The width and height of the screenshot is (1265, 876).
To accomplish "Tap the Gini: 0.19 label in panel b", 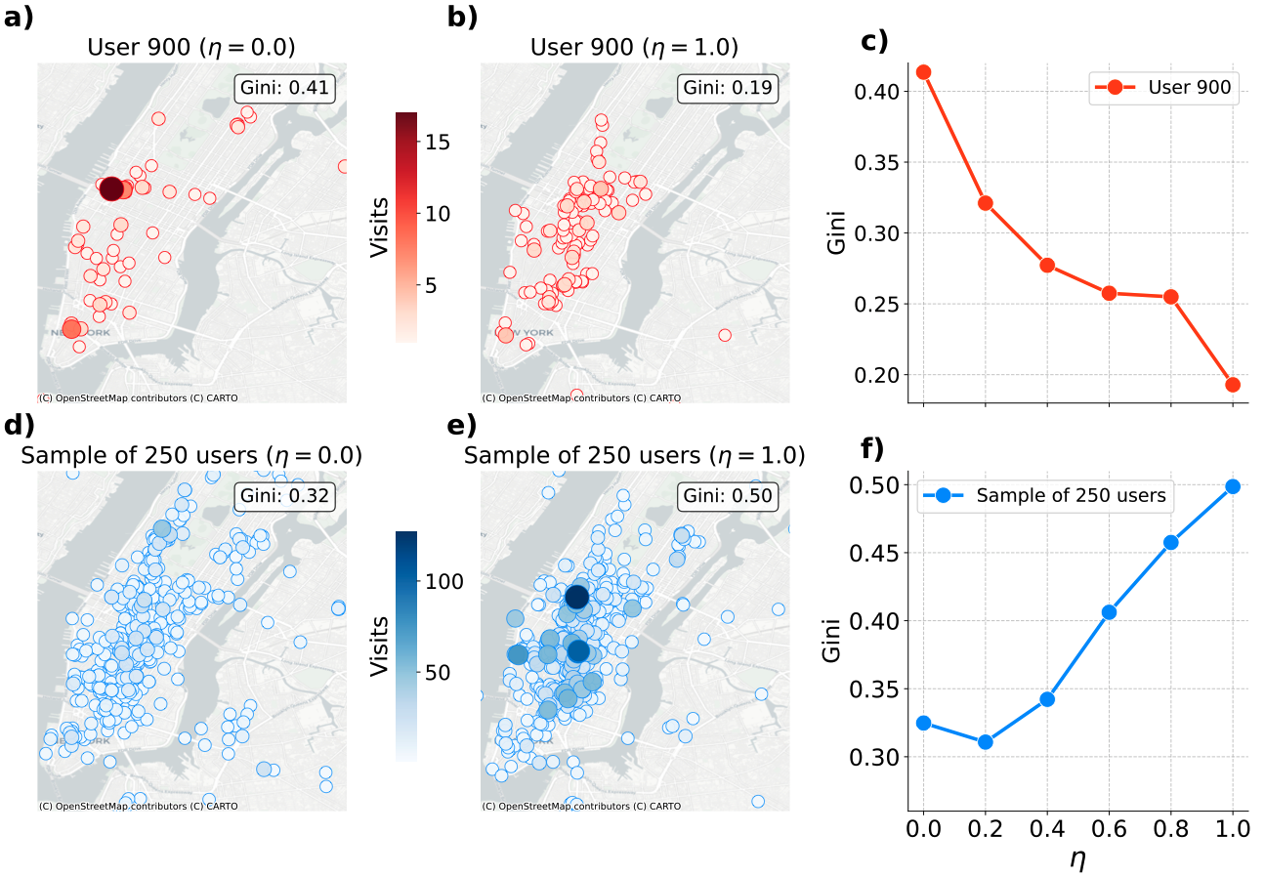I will tap(729, 89).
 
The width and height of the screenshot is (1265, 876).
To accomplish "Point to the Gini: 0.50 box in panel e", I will tap(729, 496).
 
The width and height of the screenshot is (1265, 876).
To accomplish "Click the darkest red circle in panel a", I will tap(111, 189).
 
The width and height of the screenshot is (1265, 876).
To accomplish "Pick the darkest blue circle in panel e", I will tap(576, 596).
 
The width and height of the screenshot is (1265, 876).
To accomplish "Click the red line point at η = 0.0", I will tap(923, 72).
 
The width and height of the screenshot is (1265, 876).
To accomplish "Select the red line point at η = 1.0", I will tap(1233, 385).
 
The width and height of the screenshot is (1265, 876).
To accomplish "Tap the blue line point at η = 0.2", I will tap(985, 741).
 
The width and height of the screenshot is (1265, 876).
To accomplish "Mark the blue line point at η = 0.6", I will tap(1109, 612).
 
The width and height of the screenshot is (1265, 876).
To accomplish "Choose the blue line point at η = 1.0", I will tap(1233, 486).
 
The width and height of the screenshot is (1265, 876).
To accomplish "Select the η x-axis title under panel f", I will tap(1077, 859).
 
